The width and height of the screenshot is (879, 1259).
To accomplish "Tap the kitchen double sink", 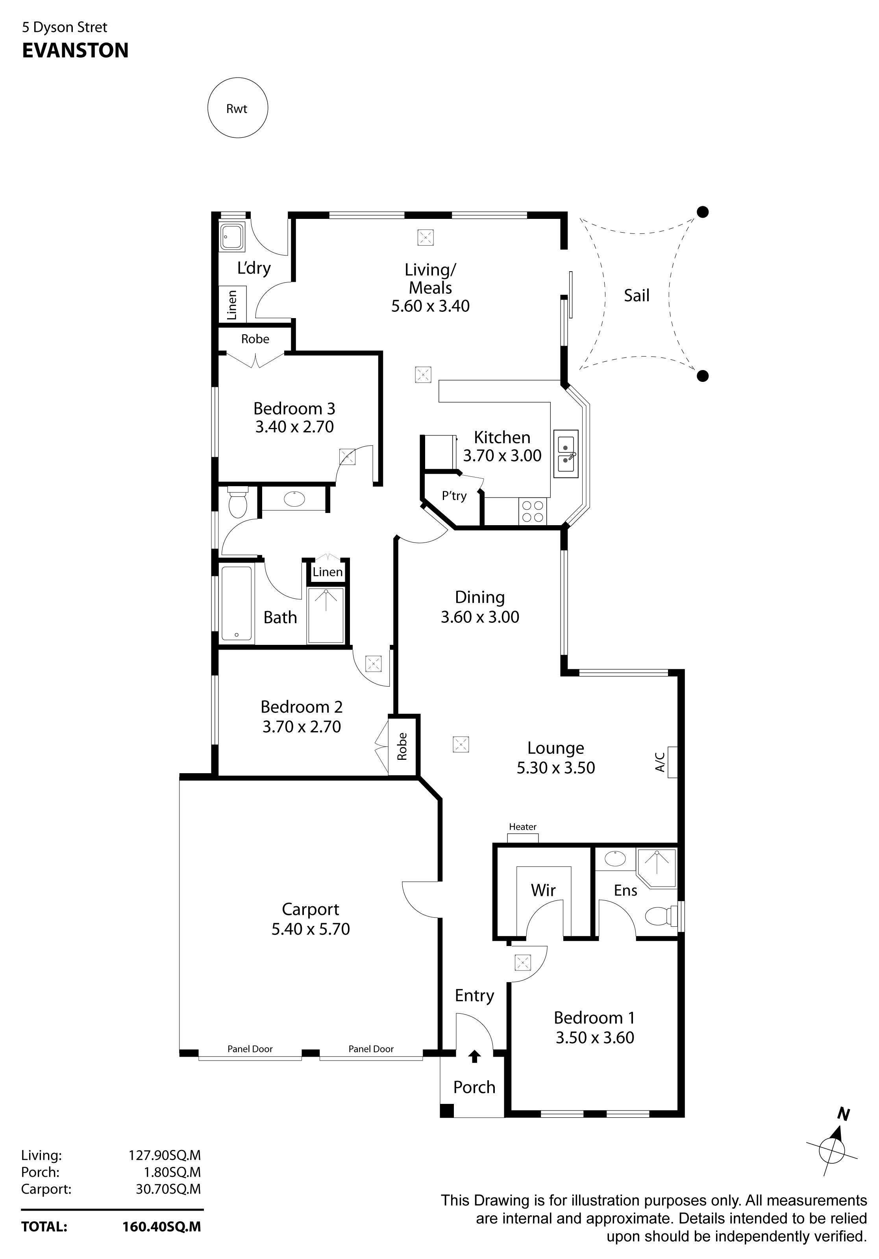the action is [565, 454].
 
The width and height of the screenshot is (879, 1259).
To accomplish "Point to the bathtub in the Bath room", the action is [237, 603].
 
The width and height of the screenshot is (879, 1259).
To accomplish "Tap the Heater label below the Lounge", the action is [523, 826].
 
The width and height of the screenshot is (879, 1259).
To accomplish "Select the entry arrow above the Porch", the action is [475, 1056].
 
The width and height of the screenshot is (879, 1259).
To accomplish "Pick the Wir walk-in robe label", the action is [543, 889].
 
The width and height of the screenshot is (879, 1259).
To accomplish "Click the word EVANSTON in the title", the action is [75, 50].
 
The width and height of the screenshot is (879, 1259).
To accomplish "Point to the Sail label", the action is [636, 296].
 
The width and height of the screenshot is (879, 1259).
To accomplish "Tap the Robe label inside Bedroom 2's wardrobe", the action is [402, 746].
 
